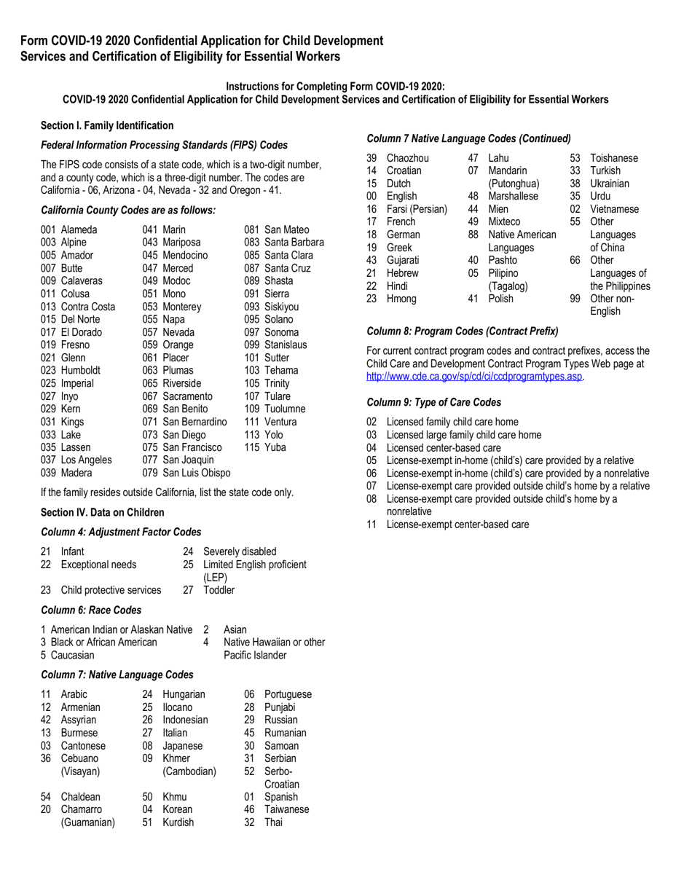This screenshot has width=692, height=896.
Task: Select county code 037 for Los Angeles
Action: pyautogui.click(x=49, y=460)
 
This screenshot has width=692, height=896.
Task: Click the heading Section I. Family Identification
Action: pyautogui.click(x=107, y=126)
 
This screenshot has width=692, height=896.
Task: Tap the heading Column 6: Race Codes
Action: pyautogui.click(x=91, y=610)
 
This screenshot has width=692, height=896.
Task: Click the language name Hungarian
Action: pyautogui.click(x=184, y=694)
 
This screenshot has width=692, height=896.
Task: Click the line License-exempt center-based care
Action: pyautogui.click(x=457, y=524)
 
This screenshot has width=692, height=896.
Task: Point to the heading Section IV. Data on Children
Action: pyautogui.click(x=103, y=512)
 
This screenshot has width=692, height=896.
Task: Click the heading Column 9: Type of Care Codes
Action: pyautogui.click(x=434, y=402)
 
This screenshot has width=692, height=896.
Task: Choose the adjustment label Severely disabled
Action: pyautogui.click(x=240, y=551)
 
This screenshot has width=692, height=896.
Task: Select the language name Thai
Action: pyautogui.click(x=275, y=822)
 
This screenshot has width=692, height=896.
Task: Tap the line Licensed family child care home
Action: pyautogui.click(x=452, y=422)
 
